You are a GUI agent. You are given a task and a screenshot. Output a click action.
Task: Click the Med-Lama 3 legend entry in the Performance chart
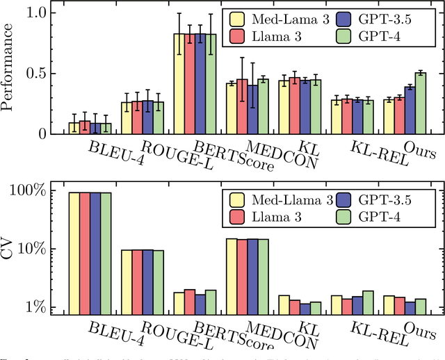(x=275, y=19)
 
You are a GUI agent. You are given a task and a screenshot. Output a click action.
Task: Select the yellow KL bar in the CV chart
(x=284, y=305)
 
